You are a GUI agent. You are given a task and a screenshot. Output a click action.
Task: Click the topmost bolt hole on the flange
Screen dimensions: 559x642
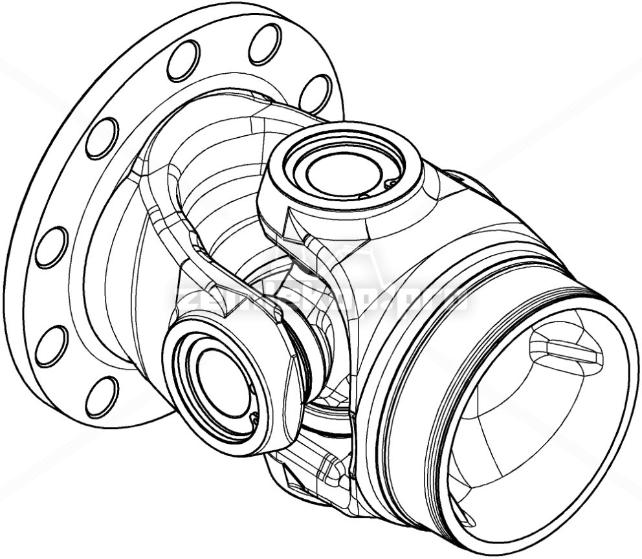point(265,43)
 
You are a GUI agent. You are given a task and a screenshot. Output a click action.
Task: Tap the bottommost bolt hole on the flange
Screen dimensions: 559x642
point(102,397)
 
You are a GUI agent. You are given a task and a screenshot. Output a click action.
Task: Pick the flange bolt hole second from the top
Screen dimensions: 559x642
point(183,60)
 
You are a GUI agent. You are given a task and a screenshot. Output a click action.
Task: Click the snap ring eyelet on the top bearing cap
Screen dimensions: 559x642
point(390,184)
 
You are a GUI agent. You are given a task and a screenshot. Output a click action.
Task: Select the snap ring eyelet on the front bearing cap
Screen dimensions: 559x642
point(254,421)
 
